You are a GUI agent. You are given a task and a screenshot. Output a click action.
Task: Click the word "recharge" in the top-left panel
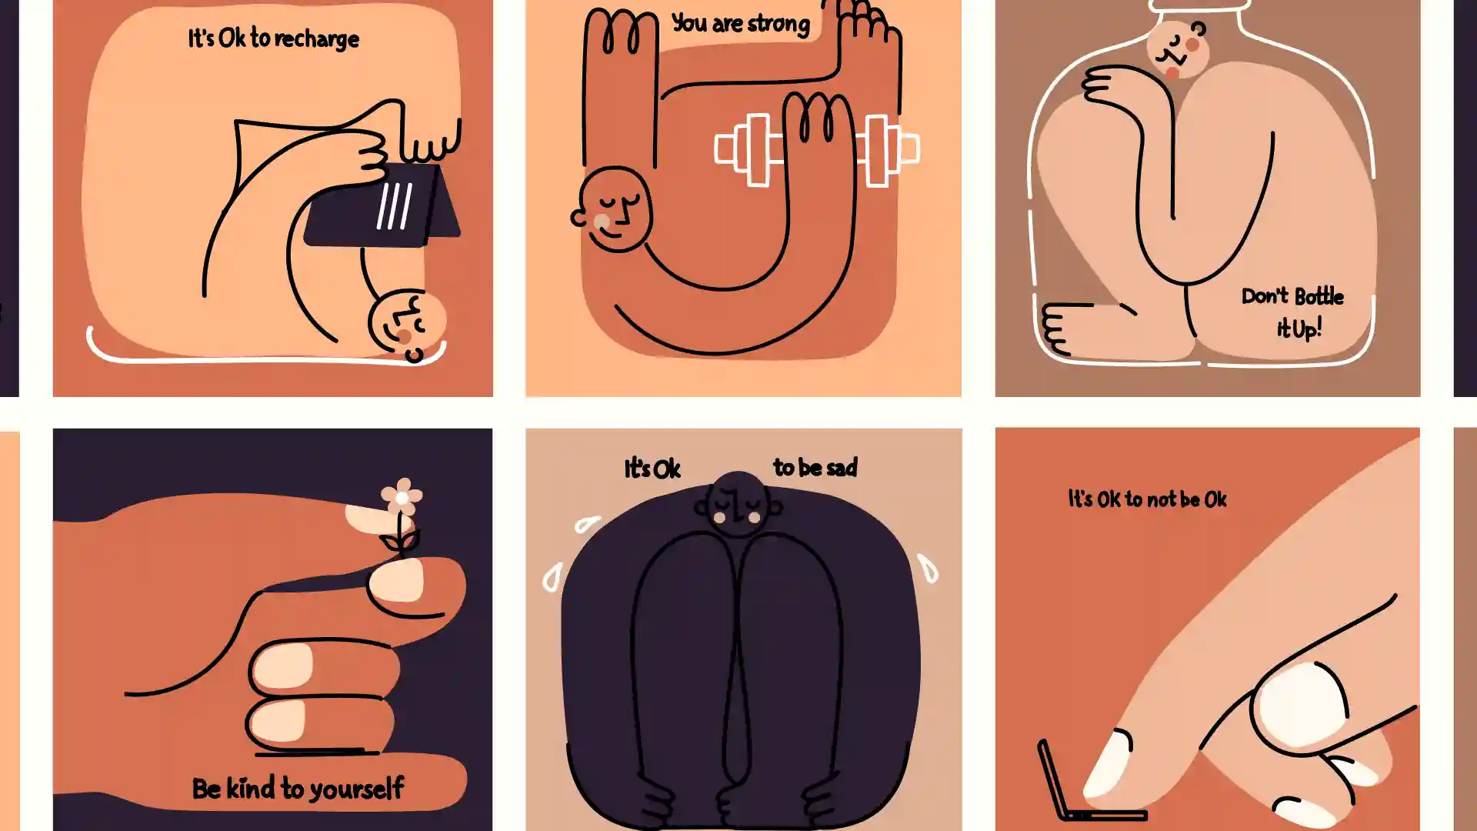click(316, 39)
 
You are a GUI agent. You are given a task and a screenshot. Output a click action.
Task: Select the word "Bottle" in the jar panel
click(1319, 296)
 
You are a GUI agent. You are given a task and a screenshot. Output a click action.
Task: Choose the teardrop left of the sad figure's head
click(588, 524)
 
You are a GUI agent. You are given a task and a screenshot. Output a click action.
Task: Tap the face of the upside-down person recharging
click(407, 323)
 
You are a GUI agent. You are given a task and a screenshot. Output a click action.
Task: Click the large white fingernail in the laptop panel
click(1300, 704)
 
